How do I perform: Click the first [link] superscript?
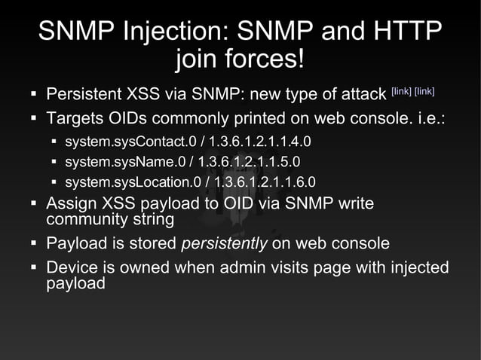pos(400,93)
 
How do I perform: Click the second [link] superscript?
pos(424,93)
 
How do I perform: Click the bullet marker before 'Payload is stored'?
pos(34,244)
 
